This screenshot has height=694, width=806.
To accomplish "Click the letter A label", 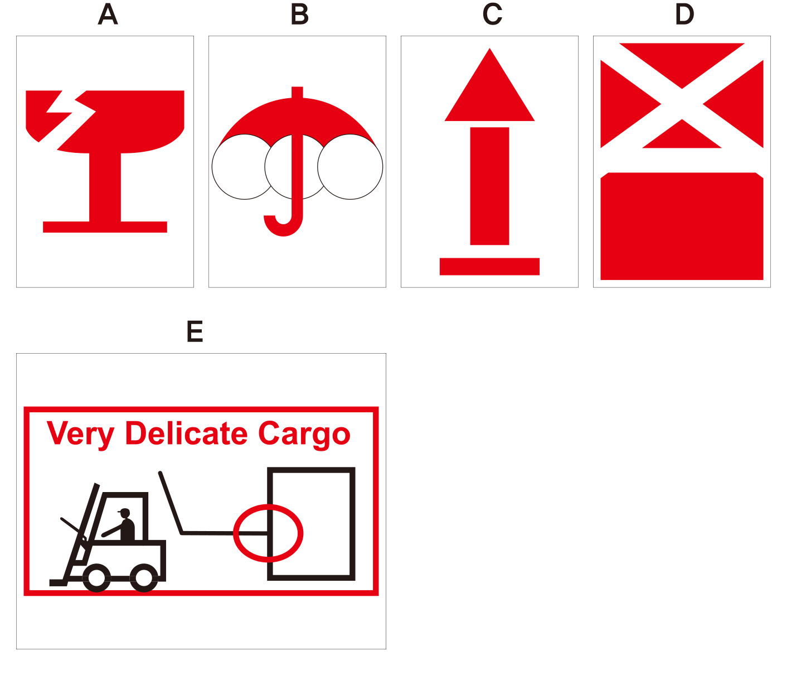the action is pyautogui.click(x=108, y=15).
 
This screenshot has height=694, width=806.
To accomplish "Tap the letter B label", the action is pyautogui.click(x=299, y=15).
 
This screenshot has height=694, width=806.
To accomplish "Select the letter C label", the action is pyautogui.click(x=492, y=15).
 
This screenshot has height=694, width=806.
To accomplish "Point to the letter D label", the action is pyautogui.click(x=684, y=15).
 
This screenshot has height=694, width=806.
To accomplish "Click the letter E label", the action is pyautogui.click(x=195, y=331).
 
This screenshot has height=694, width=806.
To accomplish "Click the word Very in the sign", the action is pyautogui.click(x=80, y=434).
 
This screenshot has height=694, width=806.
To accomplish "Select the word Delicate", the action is pyautogui.click(x=186, y=433).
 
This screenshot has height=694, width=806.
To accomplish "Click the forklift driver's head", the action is pyautogui.click(x=125, y=513).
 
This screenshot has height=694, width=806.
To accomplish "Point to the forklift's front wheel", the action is pyautogui.click(x=96, y=578).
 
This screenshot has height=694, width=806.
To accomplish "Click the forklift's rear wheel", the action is pyautogui.click(x=144, y=578).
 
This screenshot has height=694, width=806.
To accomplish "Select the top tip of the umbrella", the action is pyautogui.click(x=297, y=87).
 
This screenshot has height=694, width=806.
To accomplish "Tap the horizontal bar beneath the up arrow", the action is pyautogui.click(x=490, y=267).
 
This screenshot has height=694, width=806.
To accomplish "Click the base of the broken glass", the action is pyautogui.click(x=105, y=227).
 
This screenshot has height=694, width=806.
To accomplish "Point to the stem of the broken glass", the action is pyautogui.click(x=105, y=187).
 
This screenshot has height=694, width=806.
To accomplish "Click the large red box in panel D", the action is pyautogui.click(x=682, y=226).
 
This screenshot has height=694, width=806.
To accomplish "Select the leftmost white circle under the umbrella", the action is pyautogui.click(x=245, y=167).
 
